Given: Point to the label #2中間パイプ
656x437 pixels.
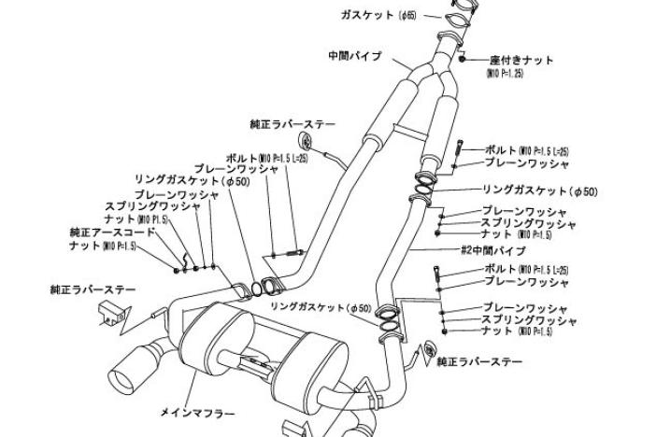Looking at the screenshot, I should [493, 251].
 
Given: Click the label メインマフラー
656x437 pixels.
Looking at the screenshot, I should [197, 412].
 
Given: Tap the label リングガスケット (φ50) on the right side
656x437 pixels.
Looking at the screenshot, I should [539, 191].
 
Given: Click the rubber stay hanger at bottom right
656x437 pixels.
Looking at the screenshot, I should [432, 351].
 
